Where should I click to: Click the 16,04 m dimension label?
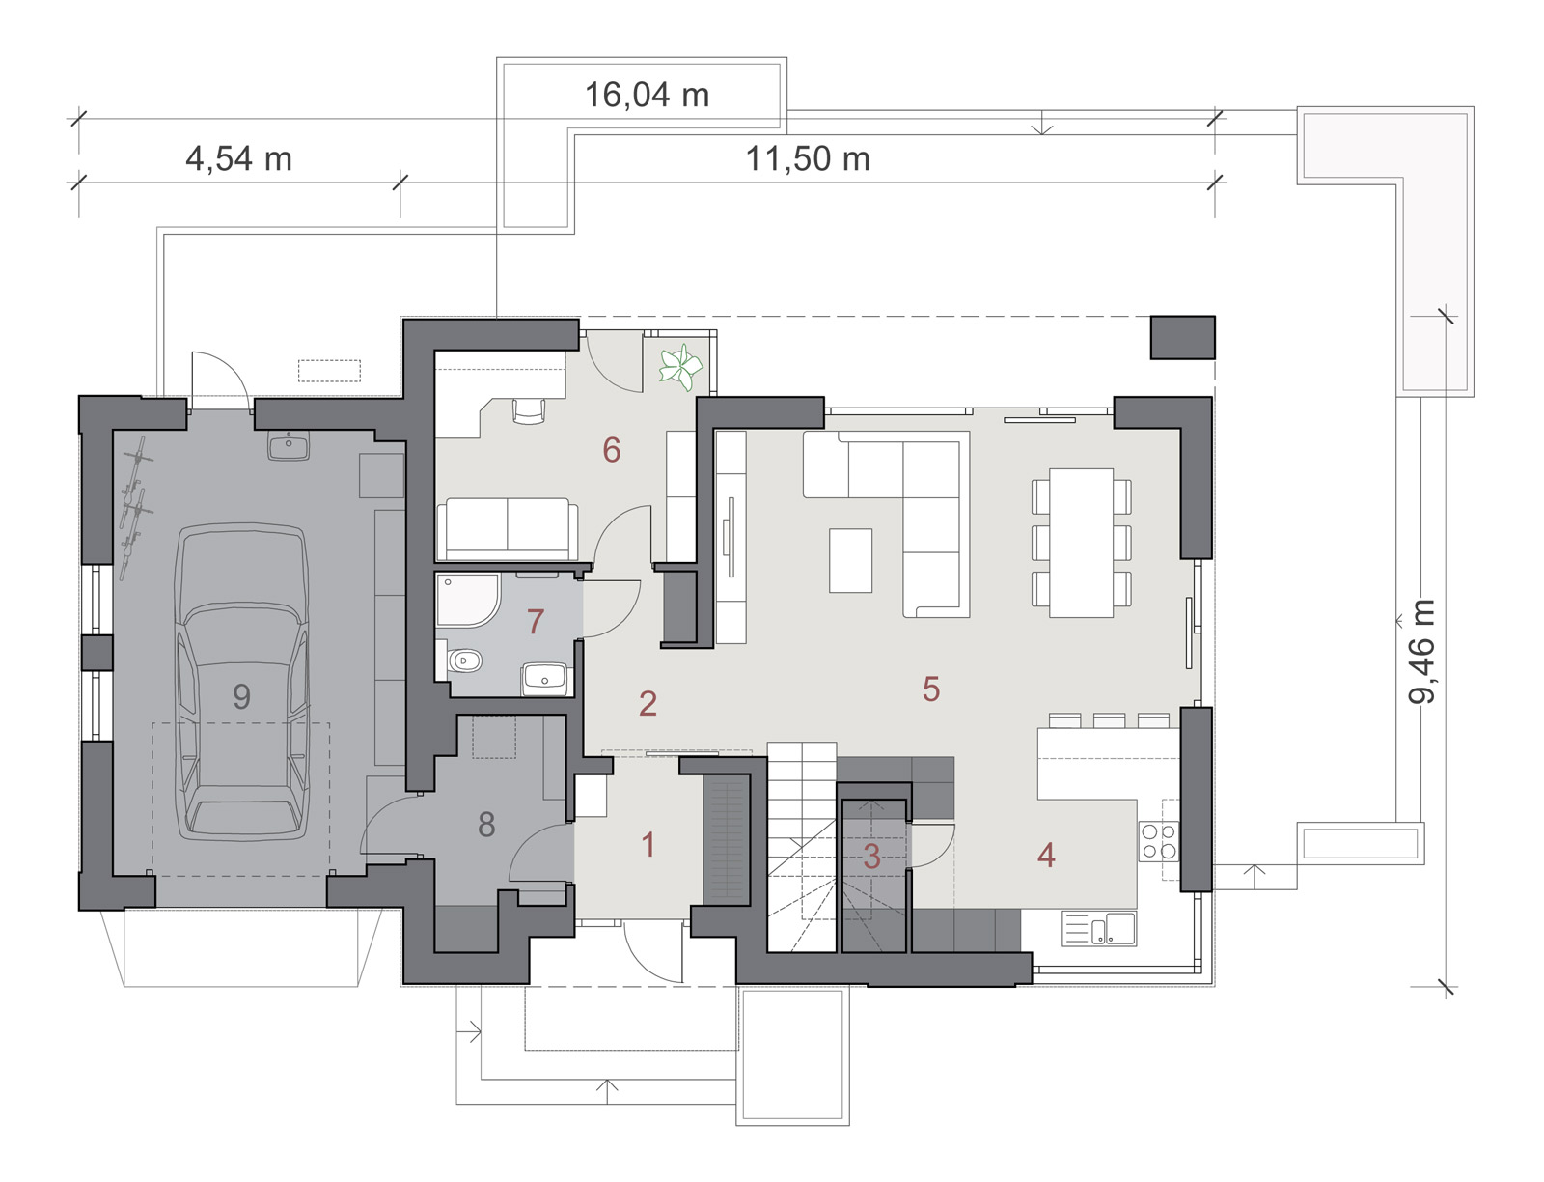[647, 95]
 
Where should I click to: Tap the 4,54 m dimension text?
[238, 159]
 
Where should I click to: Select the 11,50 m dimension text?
[808, 159]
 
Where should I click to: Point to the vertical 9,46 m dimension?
[1420, 651]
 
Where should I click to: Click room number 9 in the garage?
[241, 697]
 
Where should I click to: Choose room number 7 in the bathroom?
[536, 622]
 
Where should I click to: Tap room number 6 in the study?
[611, 450]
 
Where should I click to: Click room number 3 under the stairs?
[871, 856]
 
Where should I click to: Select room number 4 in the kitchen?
[1046, 856]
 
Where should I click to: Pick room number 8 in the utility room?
[486, 825]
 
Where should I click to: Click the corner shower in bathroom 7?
[467, 601]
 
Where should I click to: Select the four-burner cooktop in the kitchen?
[1159, 841]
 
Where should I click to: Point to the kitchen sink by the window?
[1099, 929]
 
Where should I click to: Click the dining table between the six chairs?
[1081, 543]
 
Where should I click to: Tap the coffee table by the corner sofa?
[850, 560]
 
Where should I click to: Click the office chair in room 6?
[529, 411]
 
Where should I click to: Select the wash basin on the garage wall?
[289, 446]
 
